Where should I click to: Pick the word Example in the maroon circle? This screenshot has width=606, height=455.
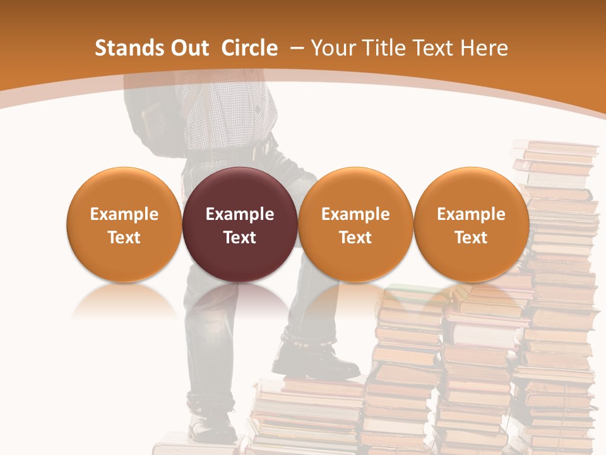click(x=239, y=214)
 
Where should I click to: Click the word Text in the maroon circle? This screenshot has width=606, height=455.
click(x=239, y=238)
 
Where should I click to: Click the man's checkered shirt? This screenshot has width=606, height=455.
click(x=227, y=114)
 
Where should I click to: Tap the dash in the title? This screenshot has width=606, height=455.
click(x=296, y=48)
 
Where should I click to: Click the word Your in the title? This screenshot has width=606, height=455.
click(x=331, y=48)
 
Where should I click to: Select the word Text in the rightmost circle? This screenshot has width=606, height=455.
click(x=471, y=238)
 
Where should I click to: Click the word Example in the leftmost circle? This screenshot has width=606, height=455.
click(x=124, y=214)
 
